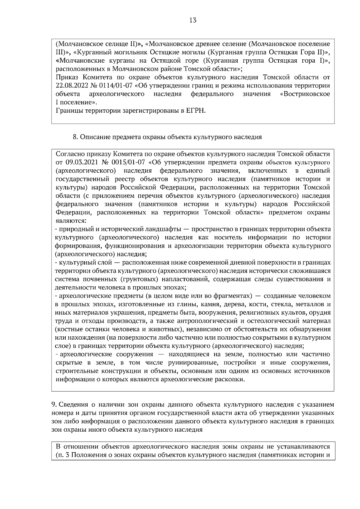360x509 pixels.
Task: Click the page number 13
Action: tap(193, 20)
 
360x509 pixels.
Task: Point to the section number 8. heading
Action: tap(76, 137)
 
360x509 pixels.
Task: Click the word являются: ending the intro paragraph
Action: tap(71, 221)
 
